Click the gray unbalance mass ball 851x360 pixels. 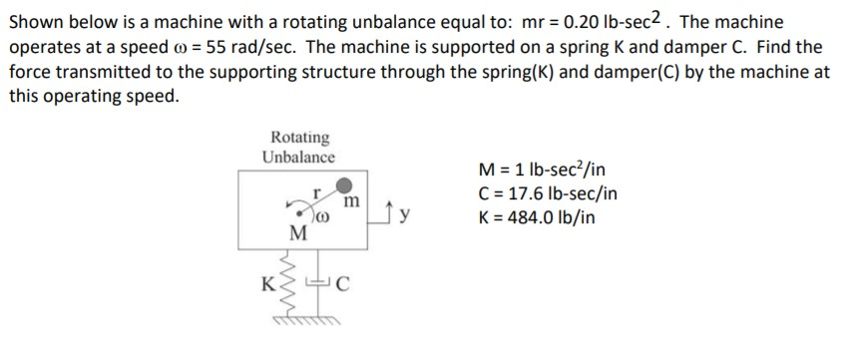(x=344, y=185)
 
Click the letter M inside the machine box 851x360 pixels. (x=296, y=234)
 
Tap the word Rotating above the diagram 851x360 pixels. (x=299, y=137)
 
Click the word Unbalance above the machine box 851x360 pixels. (x=299, y=157)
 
